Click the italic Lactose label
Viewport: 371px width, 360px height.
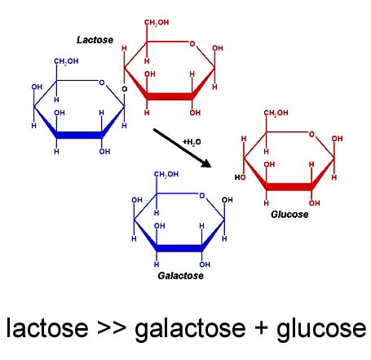[x=95, y=40]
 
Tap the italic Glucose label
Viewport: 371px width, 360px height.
[x=289, y=214]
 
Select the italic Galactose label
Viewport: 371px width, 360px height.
[x=180, y=276]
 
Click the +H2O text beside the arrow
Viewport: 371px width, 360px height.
[x=192, y=142]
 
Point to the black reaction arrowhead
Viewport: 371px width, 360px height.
[x=207, y=163]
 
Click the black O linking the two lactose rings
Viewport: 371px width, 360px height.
[x=125, y=89]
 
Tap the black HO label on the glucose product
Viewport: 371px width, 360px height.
[x=241, y=177]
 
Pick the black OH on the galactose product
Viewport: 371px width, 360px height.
[x=227, y=200]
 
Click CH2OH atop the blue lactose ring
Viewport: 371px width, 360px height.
[x=66, y=61]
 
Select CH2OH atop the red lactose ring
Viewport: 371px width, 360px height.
[x=157, y=23]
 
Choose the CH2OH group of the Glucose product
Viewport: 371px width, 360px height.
[x=276, y=113]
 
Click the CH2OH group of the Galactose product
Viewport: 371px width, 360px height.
[x=166, y=174]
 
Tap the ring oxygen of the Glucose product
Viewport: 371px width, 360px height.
[x=311, y=134]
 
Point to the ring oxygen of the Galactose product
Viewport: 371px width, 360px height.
[x=201, y=196]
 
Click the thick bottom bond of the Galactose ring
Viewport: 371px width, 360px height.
[x=179, y=248]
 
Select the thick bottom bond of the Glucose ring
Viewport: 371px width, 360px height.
[x=289, y=187]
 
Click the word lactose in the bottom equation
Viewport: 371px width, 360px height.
[x=47, y=327]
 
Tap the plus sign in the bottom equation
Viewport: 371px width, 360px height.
[x=261, y=327]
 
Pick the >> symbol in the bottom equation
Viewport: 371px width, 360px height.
[x=112, y=328]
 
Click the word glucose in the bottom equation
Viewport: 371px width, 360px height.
[x=321, y=330]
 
